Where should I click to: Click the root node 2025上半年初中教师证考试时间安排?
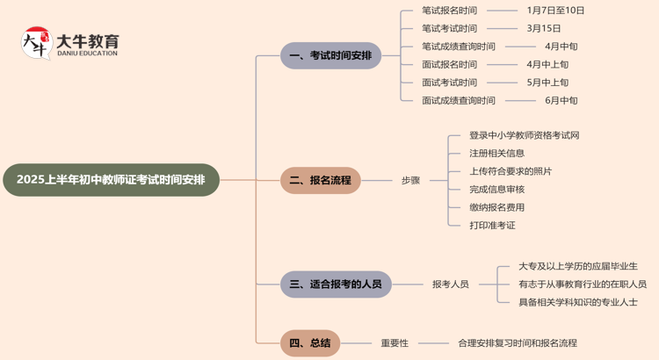111,180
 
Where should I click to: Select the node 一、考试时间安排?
330,55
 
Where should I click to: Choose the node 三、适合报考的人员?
336,284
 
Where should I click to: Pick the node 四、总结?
310,342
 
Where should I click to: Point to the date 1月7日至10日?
555,11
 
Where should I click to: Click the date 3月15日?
543,28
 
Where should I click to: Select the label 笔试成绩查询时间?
458,47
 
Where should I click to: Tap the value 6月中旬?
561,101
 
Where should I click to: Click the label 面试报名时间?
449,64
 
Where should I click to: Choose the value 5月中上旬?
547,83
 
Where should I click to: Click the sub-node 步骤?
410,181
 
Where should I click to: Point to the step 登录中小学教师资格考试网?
524,135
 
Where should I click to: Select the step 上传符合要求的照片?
511,171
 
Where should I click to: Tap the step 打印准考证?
492,226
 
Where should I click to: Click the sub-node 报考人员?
450,284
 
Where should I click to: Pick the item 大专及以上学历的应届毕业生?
577,266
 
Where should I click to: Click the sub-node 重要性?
394,343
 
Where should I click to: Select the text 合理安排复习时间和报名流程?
518,343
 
